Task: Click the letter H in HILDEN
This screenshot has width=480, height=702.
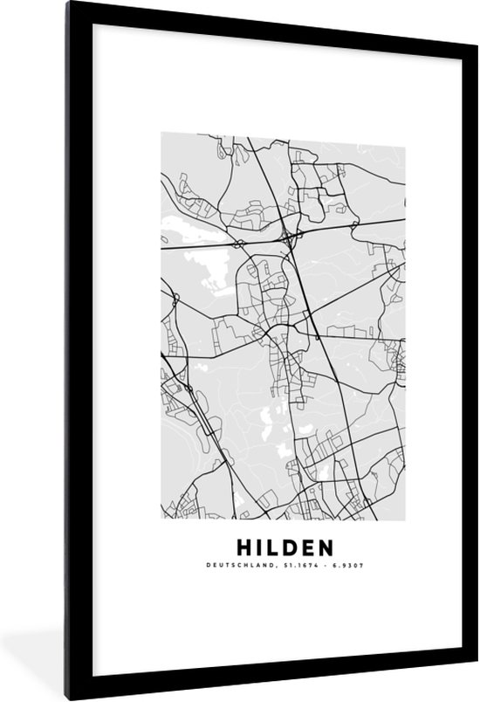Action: pyautogui.click(x=243, y=548)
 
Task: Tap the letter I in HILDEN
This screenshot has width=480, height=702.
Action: pyautogui.click(x=260, y=548)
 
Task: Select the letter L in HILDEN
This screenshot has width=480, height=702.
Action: pyautogui.click(x=274, y=548)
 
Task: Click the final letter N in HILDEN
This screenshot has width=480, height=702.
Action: pyautogui.click(x=326, y=548)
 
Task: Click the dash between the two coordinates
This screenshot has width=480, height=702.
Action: pyautogui.click(x=315, y=566)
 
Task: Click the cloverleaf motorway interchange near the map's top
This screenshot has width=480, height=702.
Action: pyautogui.click(x=288, y=235)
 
